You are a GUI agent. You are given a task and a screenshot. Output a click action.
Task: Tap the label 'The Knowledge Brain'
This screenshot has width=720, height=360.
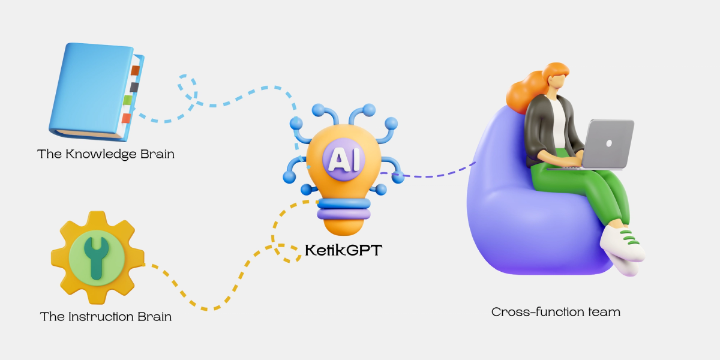click(x=106, y=154)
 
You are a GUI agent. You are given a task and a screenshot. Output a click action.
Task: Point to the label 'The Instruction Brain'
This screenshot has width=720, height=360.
click(x=106, y=316)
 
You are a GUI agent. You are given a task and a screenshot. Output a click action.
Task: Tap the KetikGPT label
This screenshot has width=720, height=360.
click(x=343, y=249)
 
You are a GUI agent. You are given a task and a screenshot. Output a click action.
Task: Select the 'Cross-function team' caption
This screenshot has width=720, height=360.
click(x=556, y=312)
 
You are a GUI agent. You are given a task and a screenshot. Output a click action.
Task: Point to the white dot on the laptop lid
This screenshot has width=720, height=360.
click(x=610, y=143)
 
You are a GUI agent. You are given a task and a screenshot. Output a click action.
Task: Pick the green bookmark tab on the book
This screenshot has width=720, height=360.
click(x=128, y=100)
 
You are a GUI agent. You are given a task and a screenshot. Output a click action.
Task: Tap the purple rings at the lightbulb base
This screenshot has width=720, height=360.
click(x=342, y=209)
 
